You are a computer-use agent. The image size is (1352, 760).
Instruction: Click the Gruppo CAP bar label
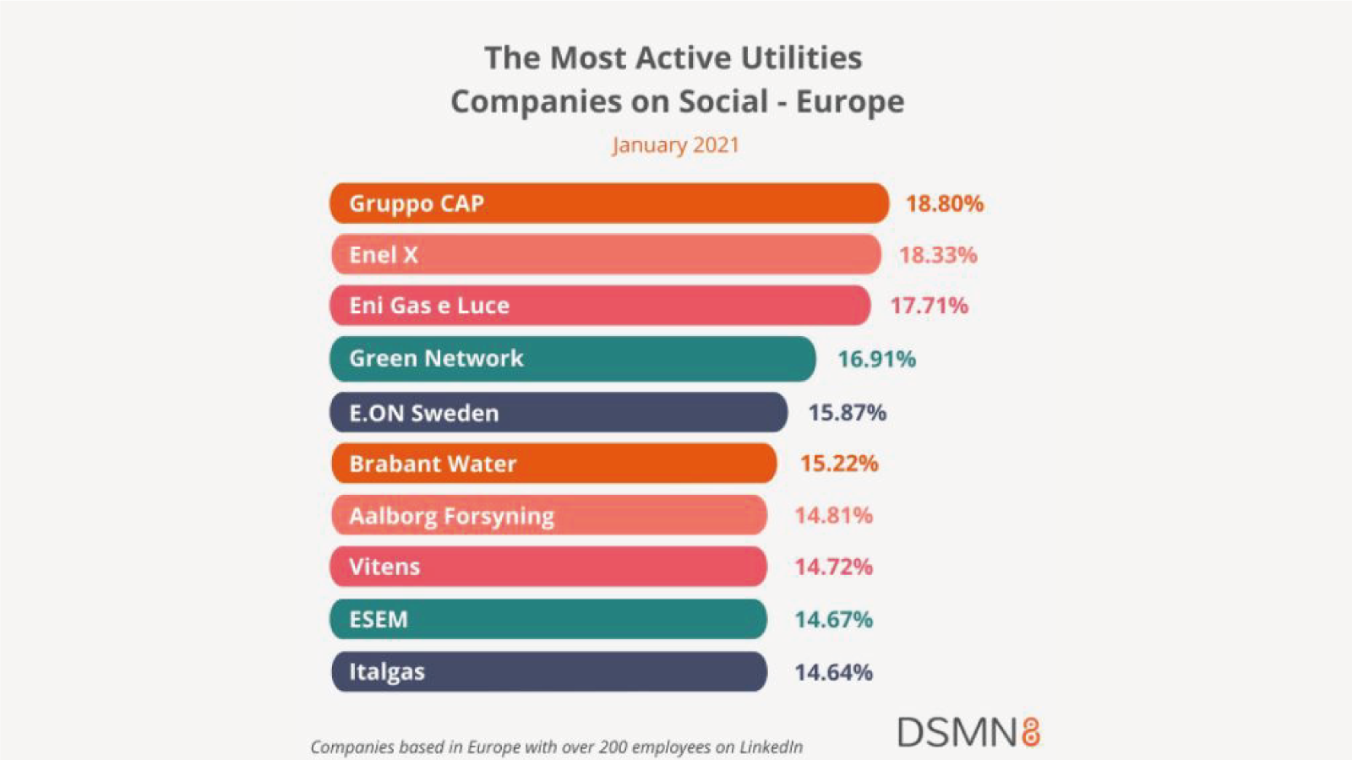click(417, 204)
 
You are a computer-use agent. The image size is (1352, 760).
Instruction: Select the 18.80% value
click(945, 204)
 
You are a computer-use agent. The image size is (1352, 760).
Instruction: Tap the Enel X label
click(384, 254)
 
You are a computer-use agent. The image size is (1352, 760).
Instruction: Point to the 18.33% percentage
click(938, 255)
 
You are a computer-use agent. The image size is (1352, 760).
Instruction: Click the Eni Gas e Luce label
click(429, 306)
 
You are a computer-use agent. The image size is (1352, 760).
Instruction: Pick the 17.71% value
click(929, 306)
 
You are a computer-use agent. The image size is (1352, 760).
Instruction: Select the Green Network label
click(436, 359)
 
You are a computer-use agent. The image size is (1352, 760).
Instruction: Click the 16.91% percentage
click(877, 360)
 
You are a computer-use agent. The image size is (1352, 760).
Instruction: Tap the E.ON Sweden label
click(423, 413)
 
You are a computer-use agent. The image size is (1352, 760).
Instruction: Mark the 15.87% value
click(848, 413)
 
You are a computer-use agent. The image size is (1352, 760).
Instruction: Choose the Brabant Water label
click(433, 464)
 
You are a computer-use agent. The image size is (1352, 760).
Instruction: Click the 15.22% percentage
click(840, 464)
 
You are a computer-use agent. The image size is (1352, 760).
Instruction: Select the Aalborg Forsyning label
click(451, 517)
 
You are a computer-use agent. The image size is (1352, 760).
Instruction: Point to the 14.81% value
click(833, 516)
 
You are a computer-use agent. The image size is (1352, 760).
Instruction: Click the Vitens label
click(384, 567)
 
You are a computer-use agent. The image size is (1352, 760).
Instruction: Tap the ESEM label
click(379, 620)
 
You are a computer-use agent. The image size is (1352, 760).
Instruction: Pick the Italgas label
click(387, 672)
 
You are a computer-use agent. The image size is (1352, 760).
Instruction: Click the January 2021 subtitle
click(675, 145)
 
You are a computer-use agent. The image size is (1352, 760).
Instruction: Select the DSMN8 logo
click(969, 732)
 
